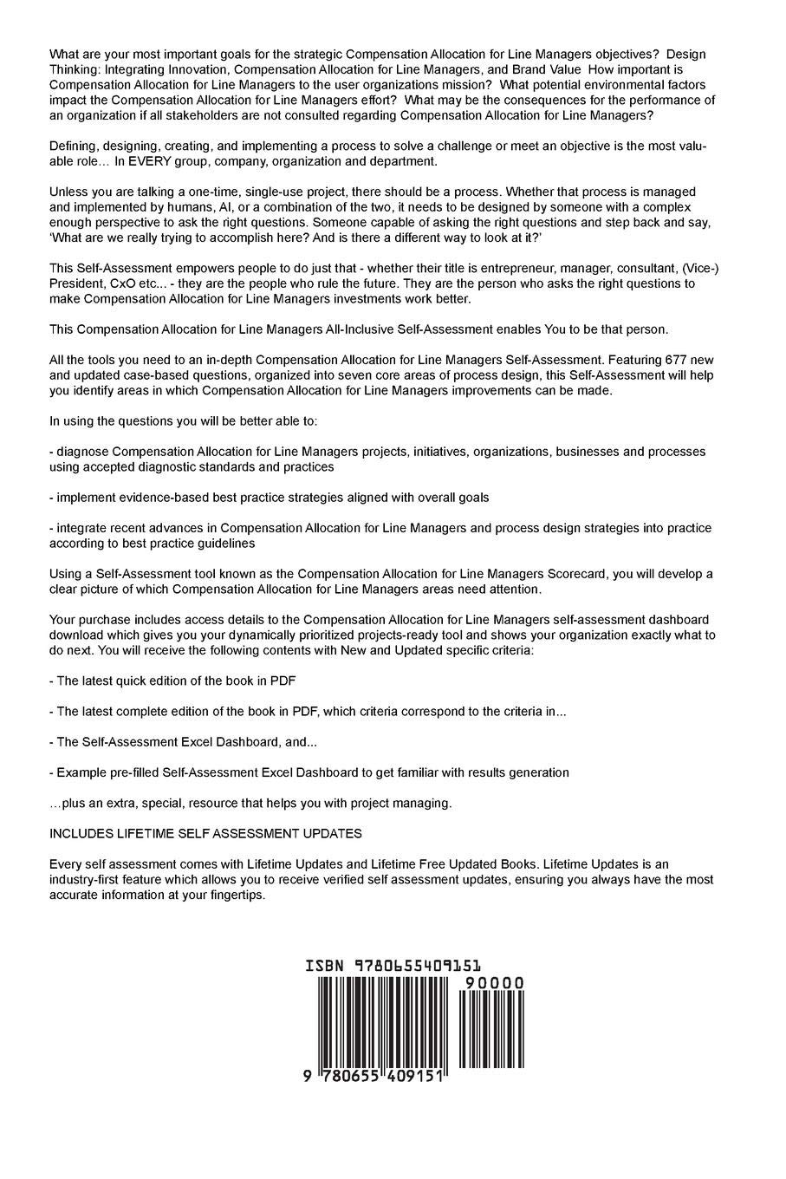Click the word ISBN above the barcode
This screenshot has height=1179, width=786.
[325, 967]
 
